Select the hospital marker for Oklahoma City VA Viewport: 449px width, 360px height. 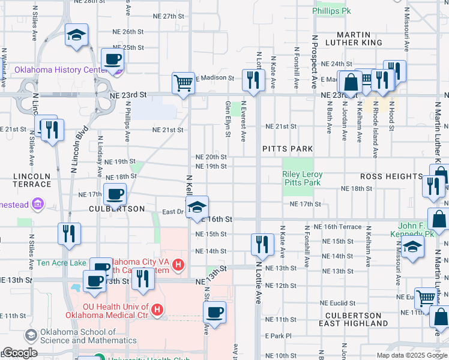click(x=178, y=264)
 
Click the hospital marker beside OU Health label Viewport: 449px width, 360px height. click(x=157, y=310)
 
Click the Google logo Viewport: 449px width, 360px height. click(x=19, y=353)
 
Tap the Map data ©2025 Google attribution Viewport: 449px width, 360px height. click(x=412, y=355)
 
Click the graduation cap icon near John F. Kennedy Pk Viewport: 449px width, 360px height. click(x=412, y=247)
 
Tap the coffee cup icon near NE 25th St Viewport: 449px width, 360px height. click(x=112, y=59)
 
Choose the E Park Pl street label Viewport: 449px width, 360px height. click(x=278, y=336)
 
